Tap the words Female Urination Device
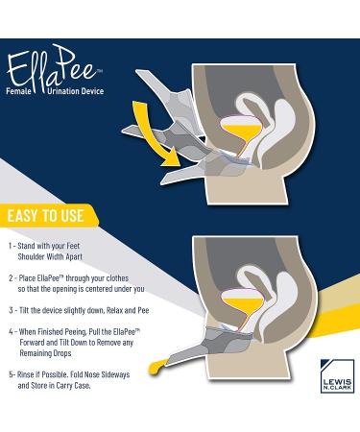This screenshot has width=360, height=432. pyautogui.click(x=55, y=91)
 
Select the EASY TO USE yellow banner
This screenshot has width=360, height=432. pyautogui.click(x=48, y=216)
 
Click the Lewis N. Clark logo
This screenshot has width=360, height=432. pyautogui.click(x=337, y=375)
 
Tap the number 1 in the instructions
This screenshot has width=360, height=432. pyautogui.click(x=11, y=246)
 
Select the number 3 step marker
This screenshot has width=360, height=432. pyautogui.click(x=11, y=310)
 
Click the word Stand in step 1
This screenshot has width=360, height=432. pyautogui.click(x=26, y=246)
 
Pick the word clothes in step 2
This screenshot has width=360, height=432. pyautogui.click(x=117, y=278)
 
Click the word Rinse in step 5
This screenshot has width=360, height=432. pyautogui.click(x=26, y=374)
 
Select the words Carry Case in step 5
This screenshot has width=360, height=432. pyautogui.click(x=74, y=386)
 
